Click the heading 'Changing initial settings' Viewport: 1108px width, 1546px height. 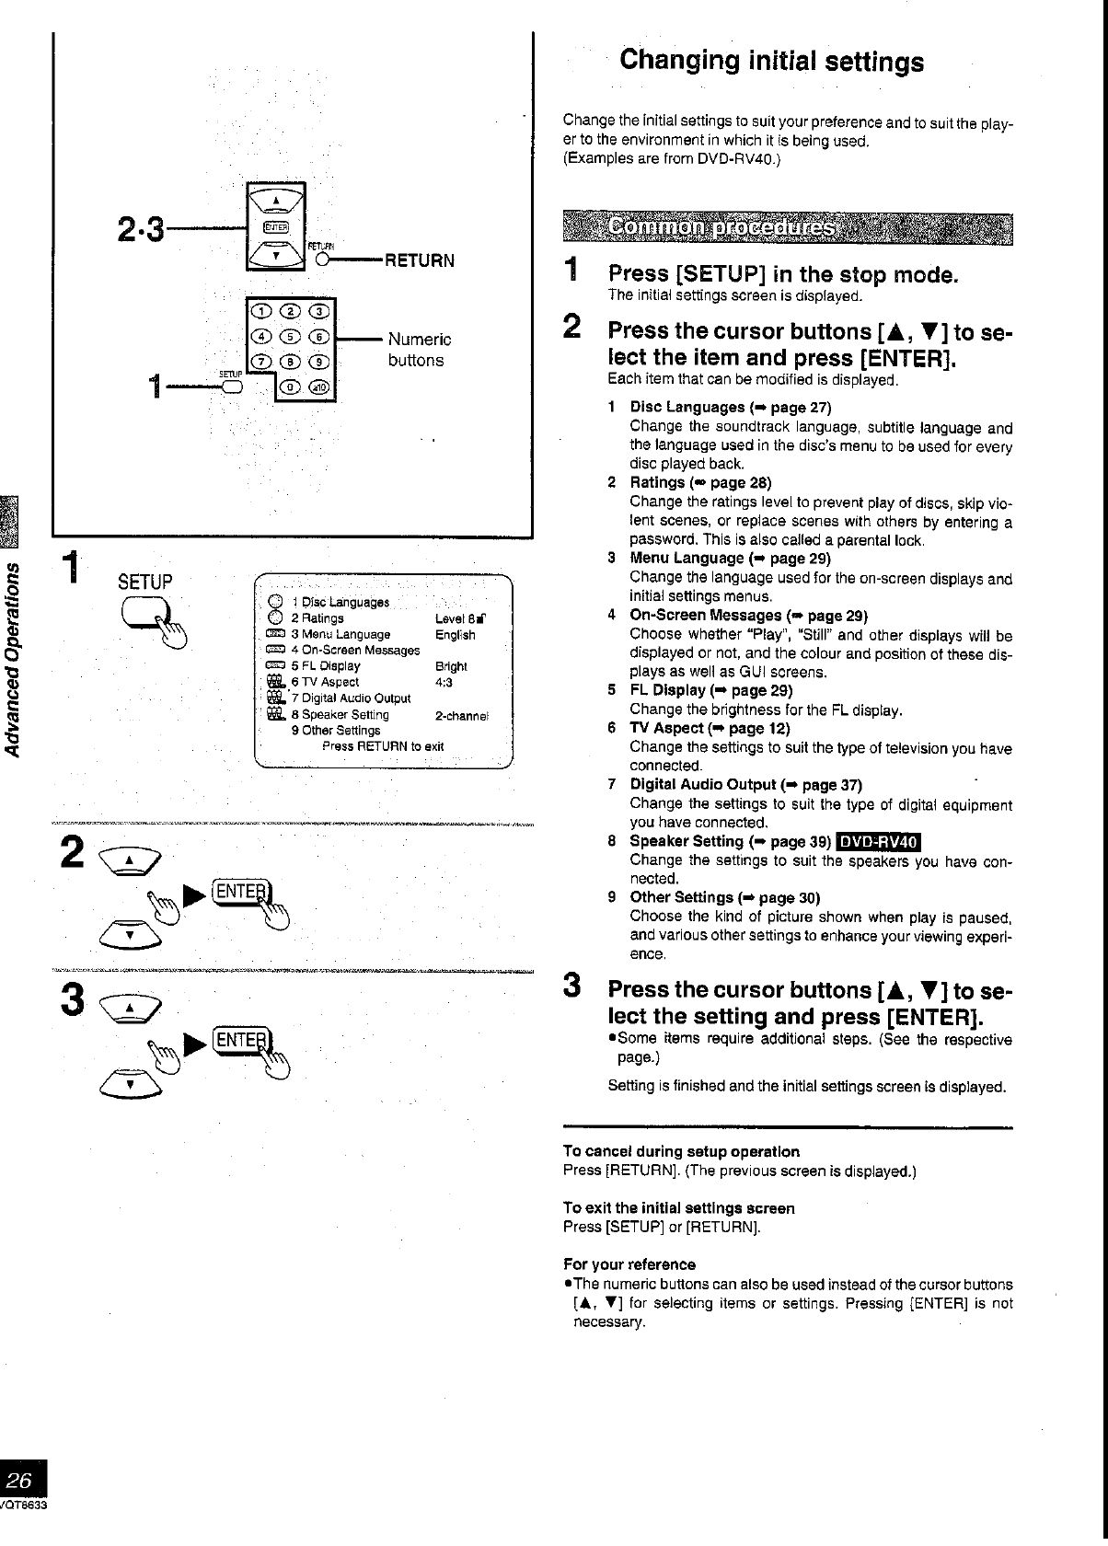coord(771,62)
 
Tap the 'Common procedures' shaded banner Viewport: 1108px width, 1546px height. coord(788,228)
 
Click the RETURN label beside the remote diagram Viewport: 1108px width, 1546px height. coord(420,260)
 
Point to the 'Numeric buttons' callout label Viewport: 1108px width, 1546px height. coord(419,350)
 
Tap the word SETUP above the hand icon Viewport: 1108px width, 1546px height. coord(145,583)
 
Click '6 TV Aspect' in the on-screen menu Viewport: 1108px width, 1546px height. coord(324,682)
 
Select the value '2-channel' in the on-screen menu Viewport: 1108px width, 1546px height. coord(462,715)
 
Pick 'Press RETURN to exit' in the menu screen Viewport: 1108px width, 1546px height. coord(383,746)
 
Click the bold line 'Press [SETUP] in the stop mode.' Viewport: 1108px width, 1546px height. coord(783,275)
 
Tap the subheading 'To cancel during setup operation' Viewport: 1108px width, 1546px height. coord(681,1151)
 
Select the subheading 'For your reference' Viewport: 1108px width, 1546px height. coord(629,1264)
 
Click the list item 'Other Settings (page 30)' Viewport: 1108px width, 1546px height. coord(724,897)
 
